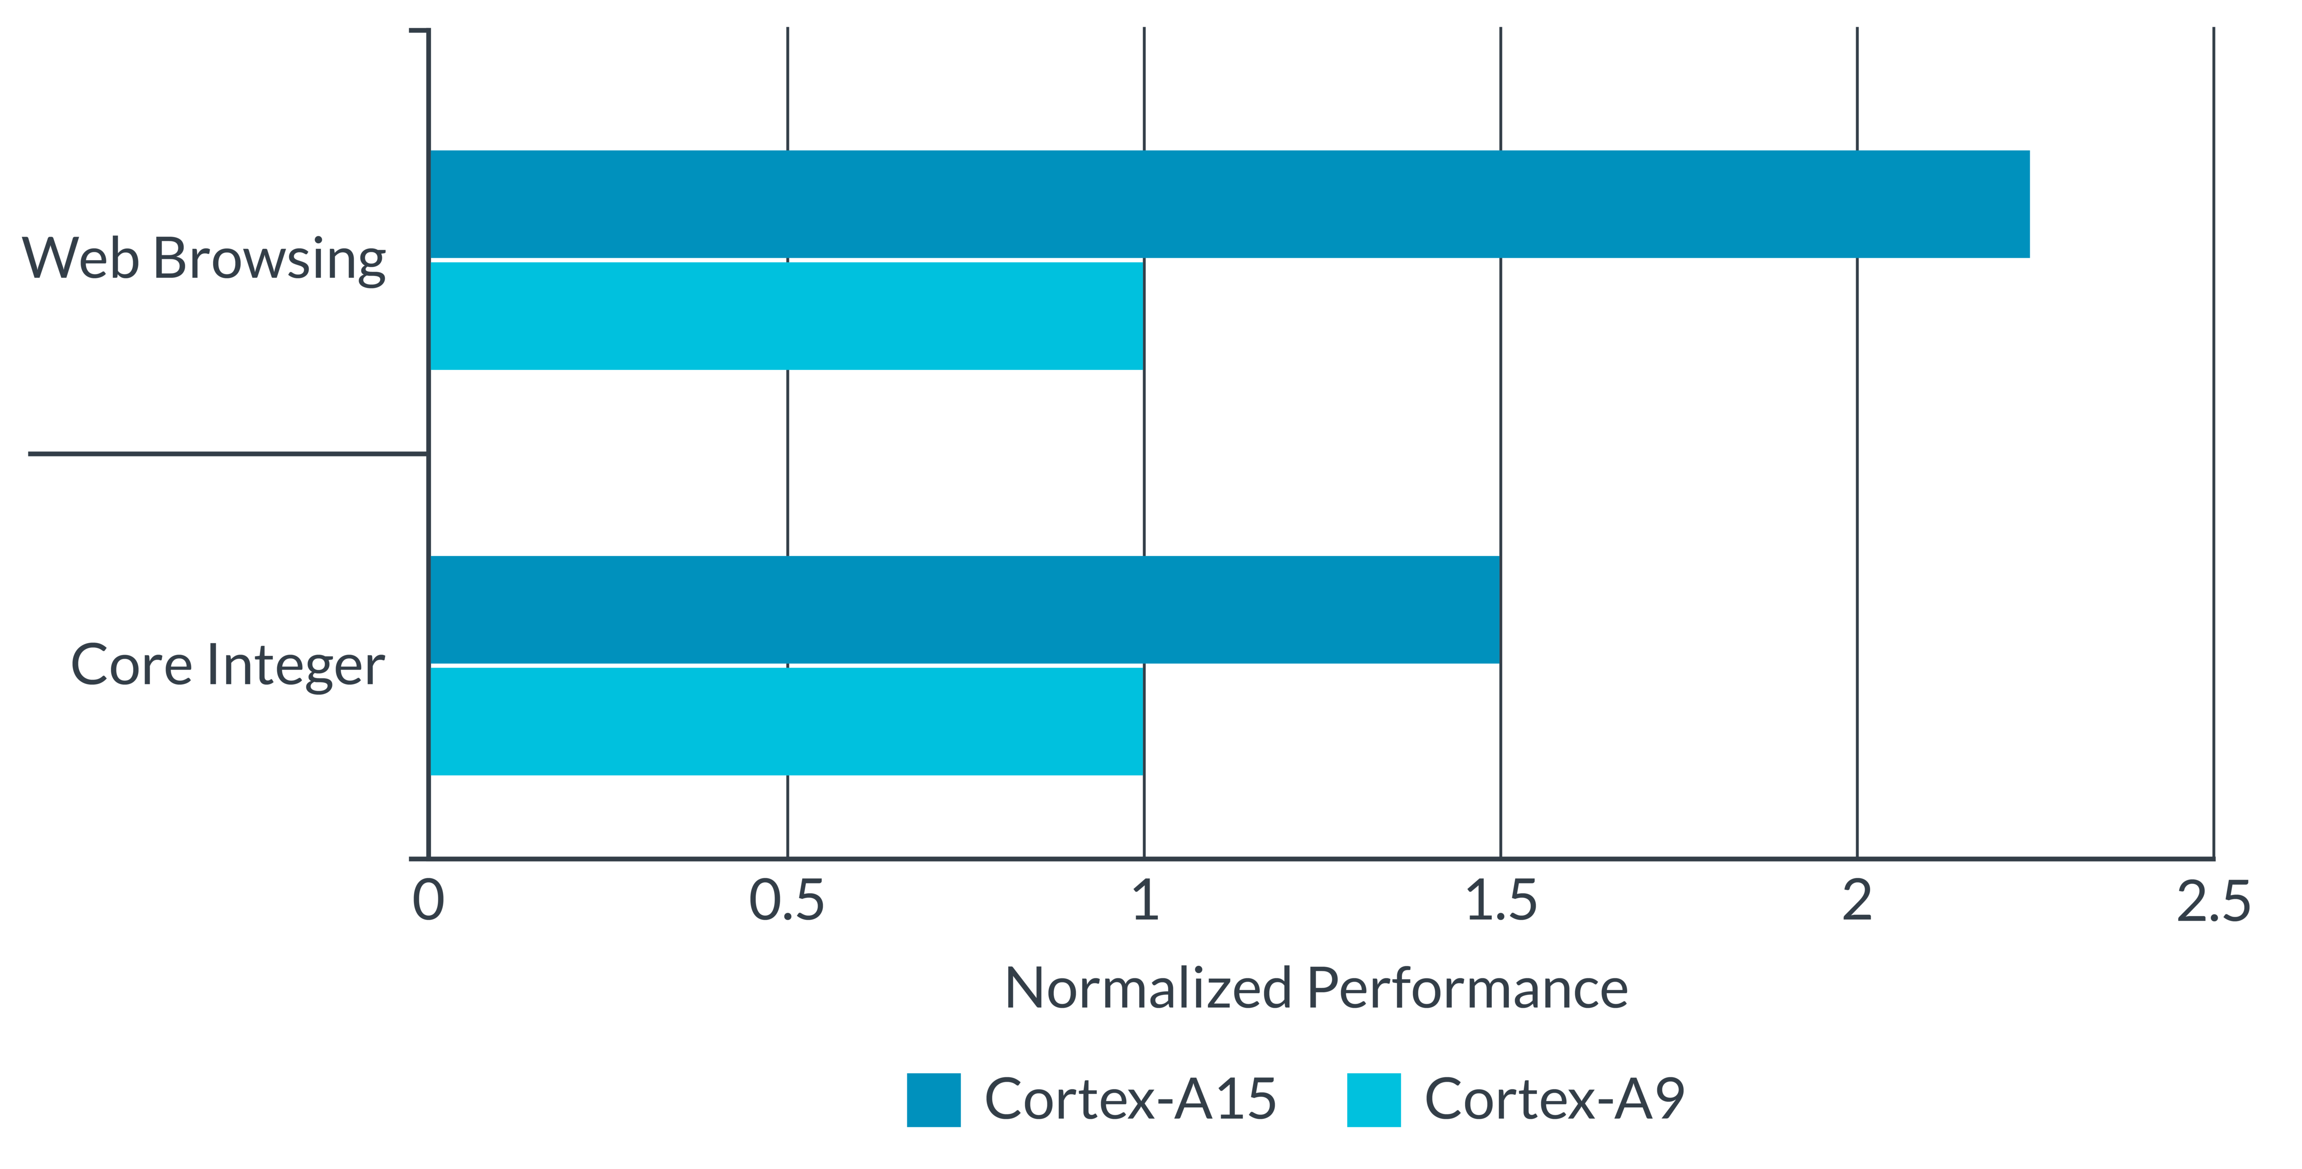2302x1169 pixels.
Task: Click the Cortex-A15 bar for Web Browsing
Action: [x=1230, y=205]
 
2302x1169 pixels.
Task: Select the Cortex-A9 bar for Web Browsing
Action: [x=786, y=316]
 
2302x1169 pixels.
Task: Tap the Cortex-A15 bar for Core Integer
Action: [x=964, y=609]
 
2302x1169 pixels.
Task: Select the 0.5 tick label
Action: [x=786, y=901]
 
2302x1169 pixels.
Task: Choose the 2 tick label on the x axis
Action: [x=1857, y=901]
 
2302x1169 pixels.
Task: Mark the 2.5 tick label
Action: [x=2213, y=901]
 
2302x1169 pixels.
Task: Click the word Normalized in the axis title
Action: [x=1147, y=988]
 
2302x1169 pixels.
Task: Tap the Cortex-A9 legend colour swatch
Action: [x=1373, y=1099]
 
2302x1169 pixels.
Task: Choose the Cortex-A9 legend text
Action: [x=1553, y=1099]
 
